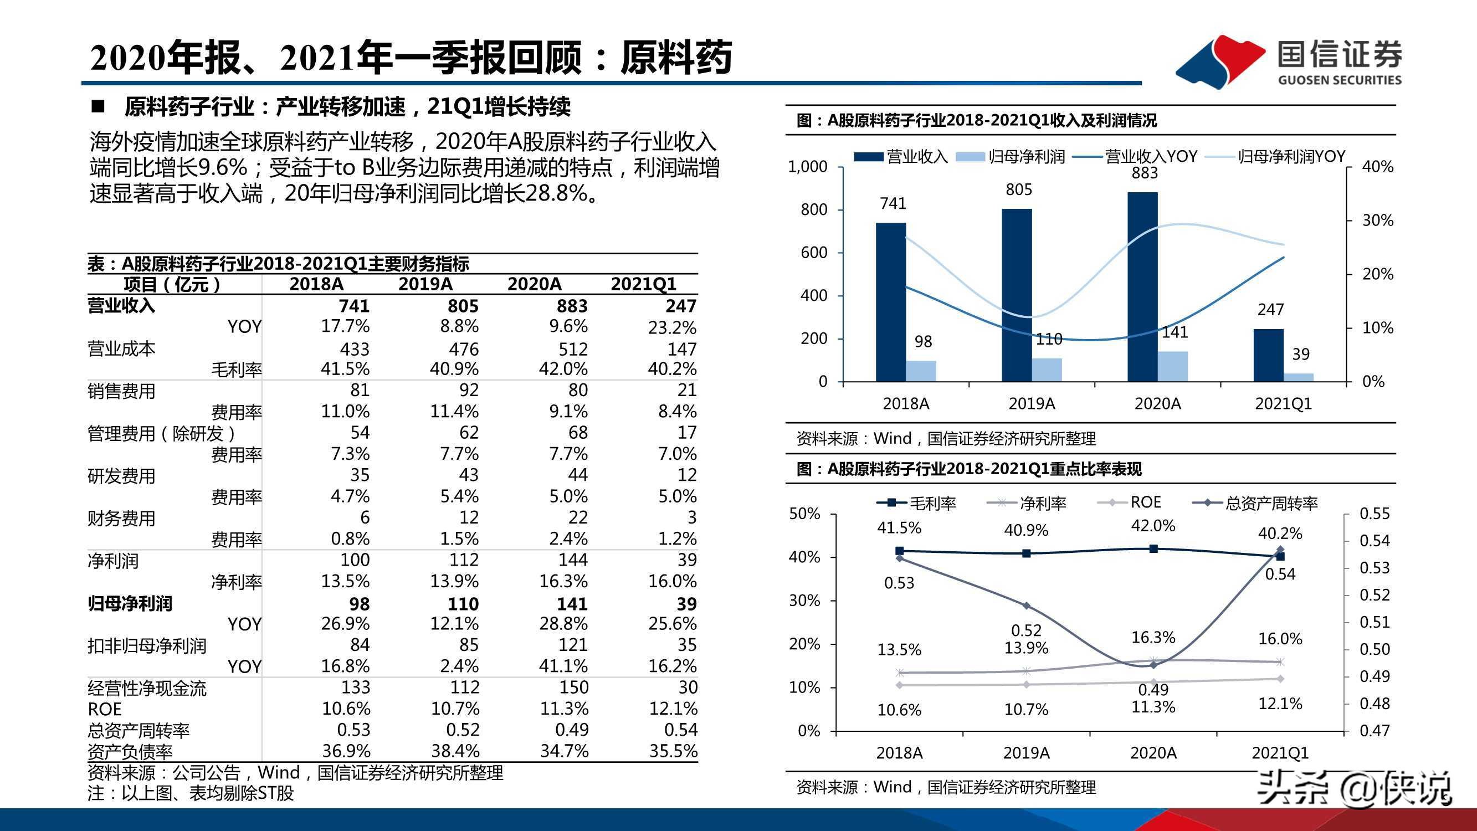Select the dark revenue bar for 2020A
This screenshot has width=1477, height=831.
(x=1142, y=287)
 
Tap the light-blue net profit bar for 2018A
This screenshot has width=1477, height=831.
(x=921, y=371)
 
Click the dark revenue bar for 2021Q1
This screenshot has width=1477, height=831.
(x=1268, y=355)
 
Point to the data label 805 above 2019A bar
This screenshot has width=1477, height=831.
(x=1018, y=190)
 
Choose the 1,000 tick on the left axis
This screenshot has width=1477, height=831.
(x=807, y=167)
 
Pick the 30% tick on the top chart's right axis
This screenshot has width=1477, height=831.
(x=1377, y=220)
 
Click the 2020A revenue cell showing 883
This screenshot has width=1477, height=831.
(x=572, y=306)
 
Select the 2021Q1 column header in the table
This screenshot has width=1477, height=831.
(x=643, y=284)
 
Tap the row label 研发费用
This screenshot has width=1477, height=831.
(x=121, y=476)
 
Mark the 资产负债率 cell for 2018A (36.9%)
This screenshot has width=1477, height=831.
(x=346, y=751)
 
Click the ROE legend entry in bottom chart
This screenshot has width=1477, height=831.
(x=1145, y=502)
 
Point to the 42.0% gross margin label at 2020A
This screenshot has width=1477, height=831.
(x=1153, y=525)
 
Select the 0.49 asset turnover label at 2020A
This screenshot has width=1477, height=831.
(x=1153, y=689)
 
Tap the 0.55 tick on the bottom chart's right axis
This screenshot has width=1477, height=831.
(x=1375, y=514)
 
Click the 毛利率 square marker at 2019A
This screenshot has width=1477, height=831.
(x=1027, y=553)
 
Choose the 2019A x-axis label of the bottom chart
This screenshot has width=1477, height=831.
(x=1027, y=753)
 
